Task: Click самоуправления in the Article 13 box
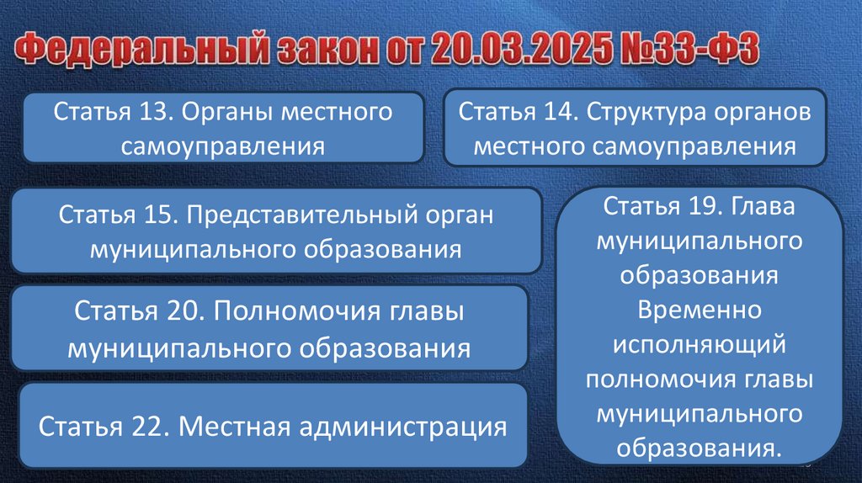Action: pyautogui.click(x=222, y=146)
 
